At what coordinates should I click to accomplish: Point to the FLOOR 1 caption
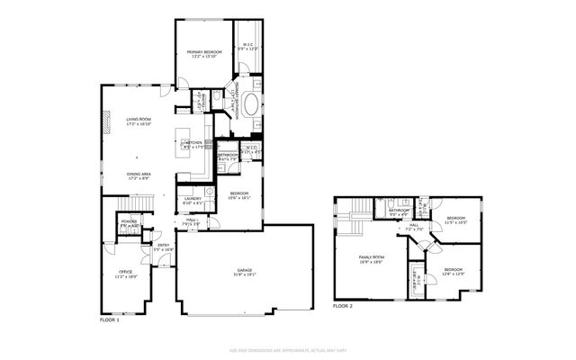click(x=109, y=319)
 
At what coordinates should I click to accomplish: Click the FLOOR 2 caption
click(x=343, y=307)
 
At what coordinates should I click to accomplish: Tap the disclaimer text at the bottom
click(x=287, y=348)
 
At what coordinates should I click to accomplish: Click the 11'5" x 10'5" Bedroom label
click(x=456, y=220)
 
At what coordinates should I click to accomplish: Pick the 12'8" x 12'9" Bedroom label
click(x=453, y=271)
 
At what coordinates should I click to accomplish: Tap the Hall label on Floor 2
click(x=414, y=227)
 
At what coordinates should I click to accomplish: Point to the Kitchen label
click(x=193, y=144)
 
